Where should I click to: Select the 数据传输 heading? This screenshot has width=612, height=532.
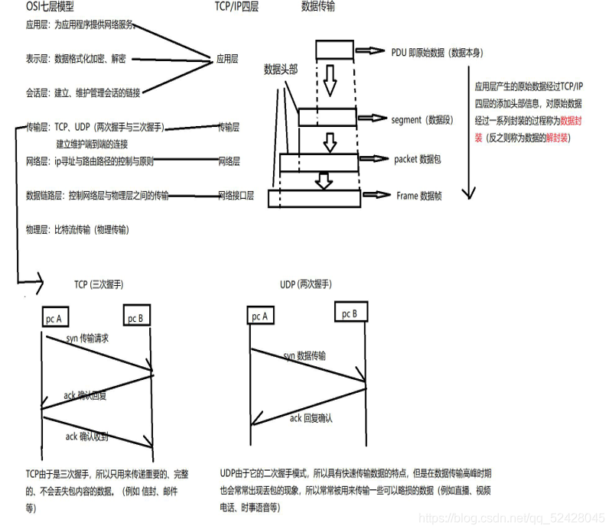[318, 7]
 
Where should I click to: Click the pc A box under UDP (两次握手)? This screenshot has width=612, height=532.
[261, 316]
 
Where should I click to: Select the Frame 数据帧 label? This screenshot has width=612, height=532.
[419, 196]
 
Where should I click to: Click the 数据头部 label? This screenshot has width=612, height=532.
[281, 69]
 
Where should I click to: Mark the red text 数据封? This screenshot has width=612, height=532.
[571, 120]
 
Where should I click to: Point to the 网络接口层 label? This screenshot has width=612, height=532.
[236, 196]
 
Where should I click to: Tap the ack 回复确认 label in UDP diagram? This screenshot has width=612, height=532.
[311, 417]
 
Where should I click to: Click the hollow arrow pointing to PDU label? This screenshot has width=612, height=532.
[369, 50]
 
